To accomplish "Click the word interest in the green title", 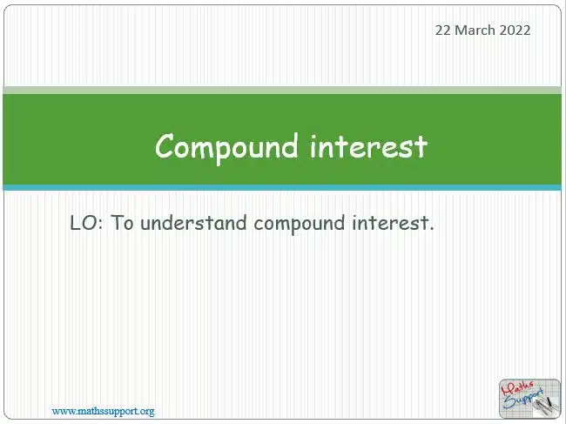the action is click(368, 146).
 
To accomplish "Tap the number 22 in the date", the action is click(443, 30).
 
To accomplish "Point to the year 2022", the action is click(515, 30).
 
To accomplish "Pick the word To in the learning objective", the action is click(123, 223).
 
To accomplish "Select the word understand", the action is click(193, 223).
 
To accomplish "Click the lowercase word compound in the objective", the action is click(300, 224).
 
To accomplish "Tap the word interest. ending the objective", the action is click(393, 223).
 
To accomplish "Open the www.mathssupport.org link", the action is click(103, 411).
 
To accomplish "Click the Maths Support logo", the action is click(529, 398).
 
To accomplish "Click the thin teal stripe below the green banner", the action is click(282, 188).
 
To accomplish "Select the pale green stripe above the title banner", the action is click(282, 91).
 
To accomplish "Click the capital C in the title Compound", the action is click(165, 145).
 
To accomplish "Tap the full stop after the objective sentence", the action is click(431, 229).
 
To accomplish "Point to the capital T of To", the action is click(117, 223).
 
